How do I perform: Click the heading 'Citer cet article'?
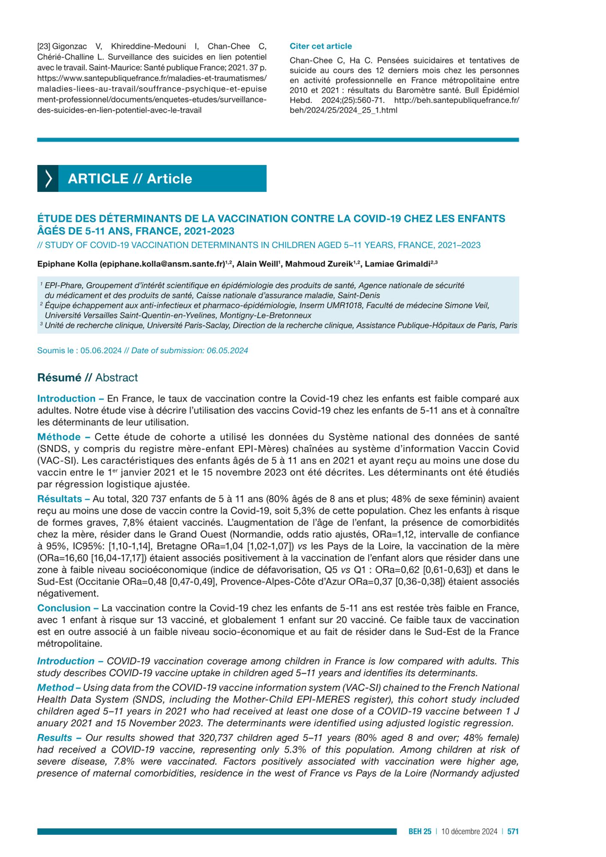coord(320,46)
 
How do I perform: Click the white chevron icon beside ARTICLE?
coord(48,178)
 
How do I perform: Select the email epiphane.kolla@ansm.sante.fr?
coord(162,264)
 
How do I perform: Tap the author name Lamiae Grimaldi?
coord(397,264)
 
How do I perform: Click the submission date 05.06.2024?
coord(101,351)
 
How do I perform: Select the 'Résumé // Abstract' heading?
coord(87,378)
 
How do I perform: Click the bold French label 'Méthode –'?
coord(64,437)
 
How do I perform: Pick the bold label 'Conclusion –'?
coord(68,608)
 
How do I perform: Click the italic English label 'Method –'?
coord(59,688)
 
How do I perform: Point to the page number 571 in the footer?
coord(513,831)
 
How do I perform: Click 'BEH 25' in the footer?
coord(420,831)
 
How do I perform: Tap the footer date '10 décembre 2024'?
coord(469,831)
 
